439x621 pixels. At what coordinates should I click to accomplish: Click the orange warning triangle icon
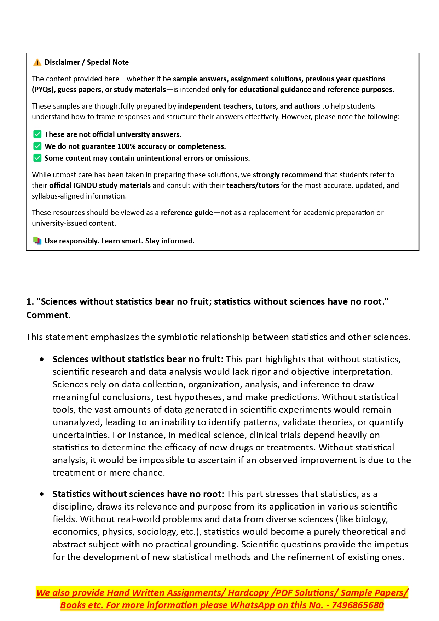37,63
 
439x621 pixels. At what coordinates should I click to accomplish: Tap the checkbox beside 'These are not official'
37,134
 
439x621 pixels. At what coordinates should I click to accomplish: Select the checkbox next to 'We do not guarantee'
37,146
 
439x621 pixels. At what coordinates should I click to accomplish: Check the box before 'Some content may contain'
37,158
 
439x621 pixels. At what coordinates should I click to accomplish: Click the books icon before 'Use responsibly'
37,241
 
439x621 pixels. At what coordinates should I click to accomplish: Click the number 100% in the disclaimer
126,146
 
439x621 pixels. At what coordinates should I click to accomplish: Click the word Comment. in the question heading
48,315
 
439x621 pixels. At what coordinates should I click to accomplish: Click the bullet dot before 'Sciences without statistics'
42,360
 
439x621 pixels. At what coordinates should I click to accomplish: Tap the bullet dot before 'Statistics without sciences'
42,494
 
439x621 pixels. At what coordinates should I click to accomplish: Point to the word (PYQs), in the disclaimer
44,90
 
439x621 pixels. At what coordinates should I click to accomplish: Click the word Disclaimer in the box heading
62,62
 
